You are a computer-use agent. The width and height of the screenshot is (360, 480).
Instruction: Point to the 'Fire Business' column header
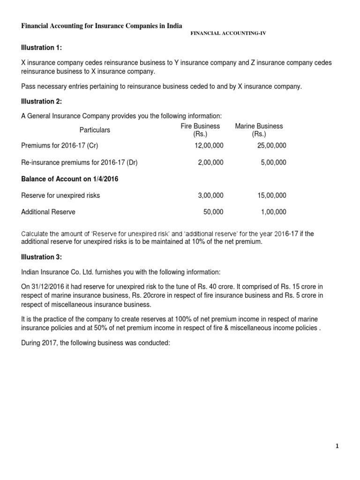200,126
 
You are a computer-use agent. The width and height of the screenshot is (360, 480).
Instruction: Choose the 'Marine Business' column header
259,126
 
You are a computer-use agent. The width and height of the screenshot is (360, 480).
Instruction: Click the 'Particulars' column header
95,130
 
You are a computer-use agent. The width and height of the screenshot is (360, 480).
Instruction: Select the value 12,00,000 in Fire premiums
209,146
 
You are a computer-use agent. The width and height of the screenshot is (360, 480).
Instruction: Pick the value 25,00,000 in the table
271,146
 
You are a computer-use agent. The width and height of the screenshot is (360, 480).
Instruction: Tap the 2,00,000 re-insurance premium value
211,162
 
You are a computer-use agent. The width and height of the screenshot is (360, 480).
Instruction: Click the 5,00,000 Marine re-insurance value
273,162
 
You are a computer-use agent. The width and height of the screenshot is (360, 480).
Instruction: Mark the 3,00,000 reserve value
211,195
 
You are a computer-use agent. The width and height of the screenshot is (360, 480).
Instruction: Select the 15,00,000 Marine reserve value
271,195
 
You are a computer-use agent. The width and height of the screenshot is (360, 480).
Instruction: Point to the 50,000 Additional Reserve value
213,212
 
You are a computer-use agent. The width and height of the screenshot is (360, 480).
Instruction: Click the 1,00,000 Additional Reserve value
273,212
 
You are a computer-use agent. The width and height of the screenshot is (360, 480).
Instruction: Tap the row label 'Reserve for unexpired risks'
60,195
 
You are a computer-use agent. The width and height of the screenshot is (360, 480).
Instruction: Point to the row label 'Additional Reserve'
48,212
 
